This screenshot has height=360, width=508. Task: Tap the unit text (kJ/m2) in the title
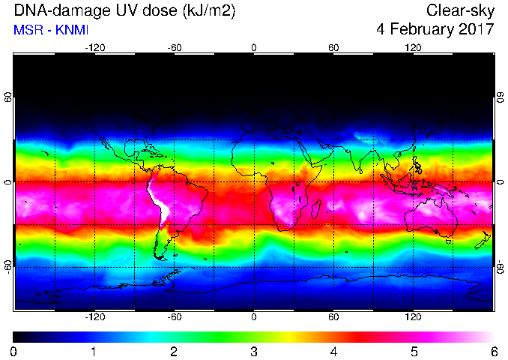(x=208, y=11)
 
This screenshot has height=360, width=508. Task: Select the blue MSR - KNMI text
(x=51, y=30)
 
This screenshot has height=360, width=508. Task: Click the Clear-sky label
(x=460, y=10)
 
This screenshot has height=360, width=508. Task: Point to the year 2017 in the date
(x=477, y=29)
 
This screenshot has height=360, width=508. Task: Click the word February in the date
(x=422, y=29)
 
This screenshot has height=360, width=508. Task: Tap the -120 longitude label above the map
(x=95, y=48)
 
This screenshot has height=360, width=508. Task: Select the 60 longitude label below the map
(x=333, y=316)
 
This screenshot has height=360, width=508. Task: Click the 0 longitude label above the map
(x=254, y=48)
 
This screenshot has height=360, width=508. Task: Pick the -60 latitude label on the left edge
(x=8, y=267)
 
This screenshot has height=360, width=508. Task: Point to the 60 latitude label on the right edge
(x=501, y=97)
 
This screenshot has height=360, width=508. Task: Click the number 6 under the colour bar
(x=494, y=352)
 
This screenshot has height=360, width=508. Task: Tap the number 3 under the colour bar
(x=254, y=352)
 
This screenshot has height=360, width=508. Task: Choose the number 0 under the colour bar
(x=13, y=352)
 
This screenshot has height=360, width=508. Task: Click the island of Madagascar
(x=315, y=208)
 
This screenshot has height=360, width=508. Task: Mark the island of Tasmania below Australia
(x=449, y=241)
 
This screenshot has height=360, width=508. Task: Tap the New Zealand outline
(x=483, y=240)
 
